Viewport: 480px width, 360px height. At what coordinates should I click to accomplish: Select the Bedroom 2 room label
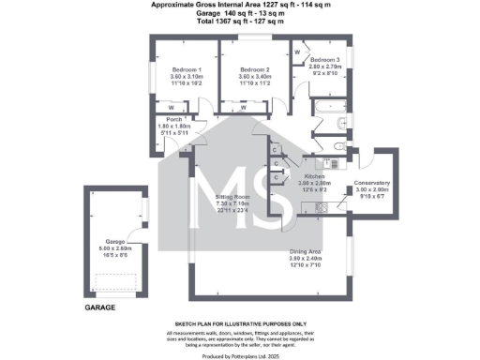[x=254, y=69]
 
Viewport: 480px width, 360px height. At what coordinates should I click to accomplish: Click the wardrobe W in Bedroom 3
[x=297, y=53]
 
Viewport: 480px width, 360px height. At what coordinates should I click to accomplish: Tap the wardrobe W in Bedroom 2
[x=244, y=107]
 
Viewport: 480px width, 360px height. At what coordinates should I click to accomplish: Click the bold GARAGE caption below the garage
[x=100, y=307]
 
